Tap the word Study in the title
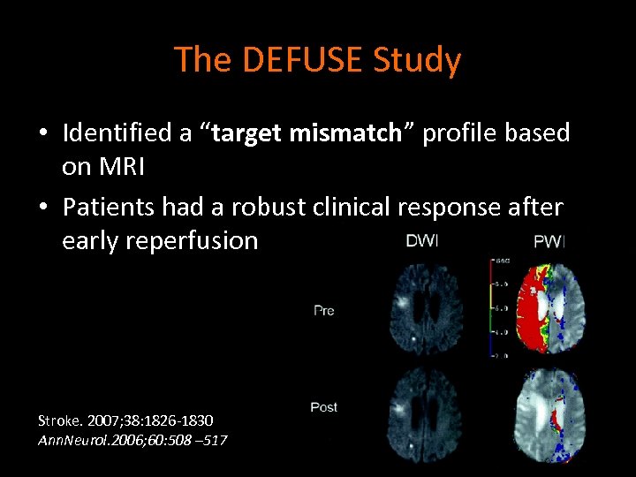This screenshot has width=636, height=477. [x=418, y=60]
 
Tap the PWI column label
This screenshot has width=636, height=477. [x=549, y=242]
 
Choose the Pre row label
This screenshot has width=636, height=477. [x=323, y=311]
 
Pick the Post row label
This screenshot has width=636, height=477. [x=324, y=407]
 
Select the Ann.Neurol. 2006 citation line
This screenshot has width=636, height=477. [x=132, y=439]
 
